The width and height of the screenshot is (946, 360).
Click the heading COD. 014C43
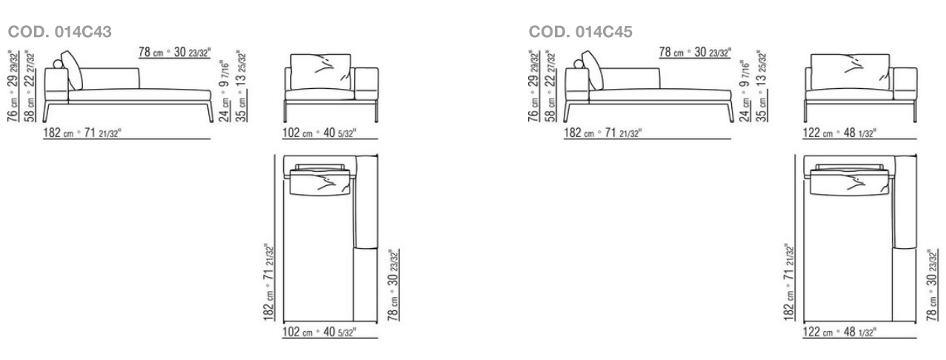pyautogui.click(x=59, y=32)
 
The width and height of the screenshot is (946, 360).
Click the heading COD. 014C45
pyautogui.click(x=580, y=32)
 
